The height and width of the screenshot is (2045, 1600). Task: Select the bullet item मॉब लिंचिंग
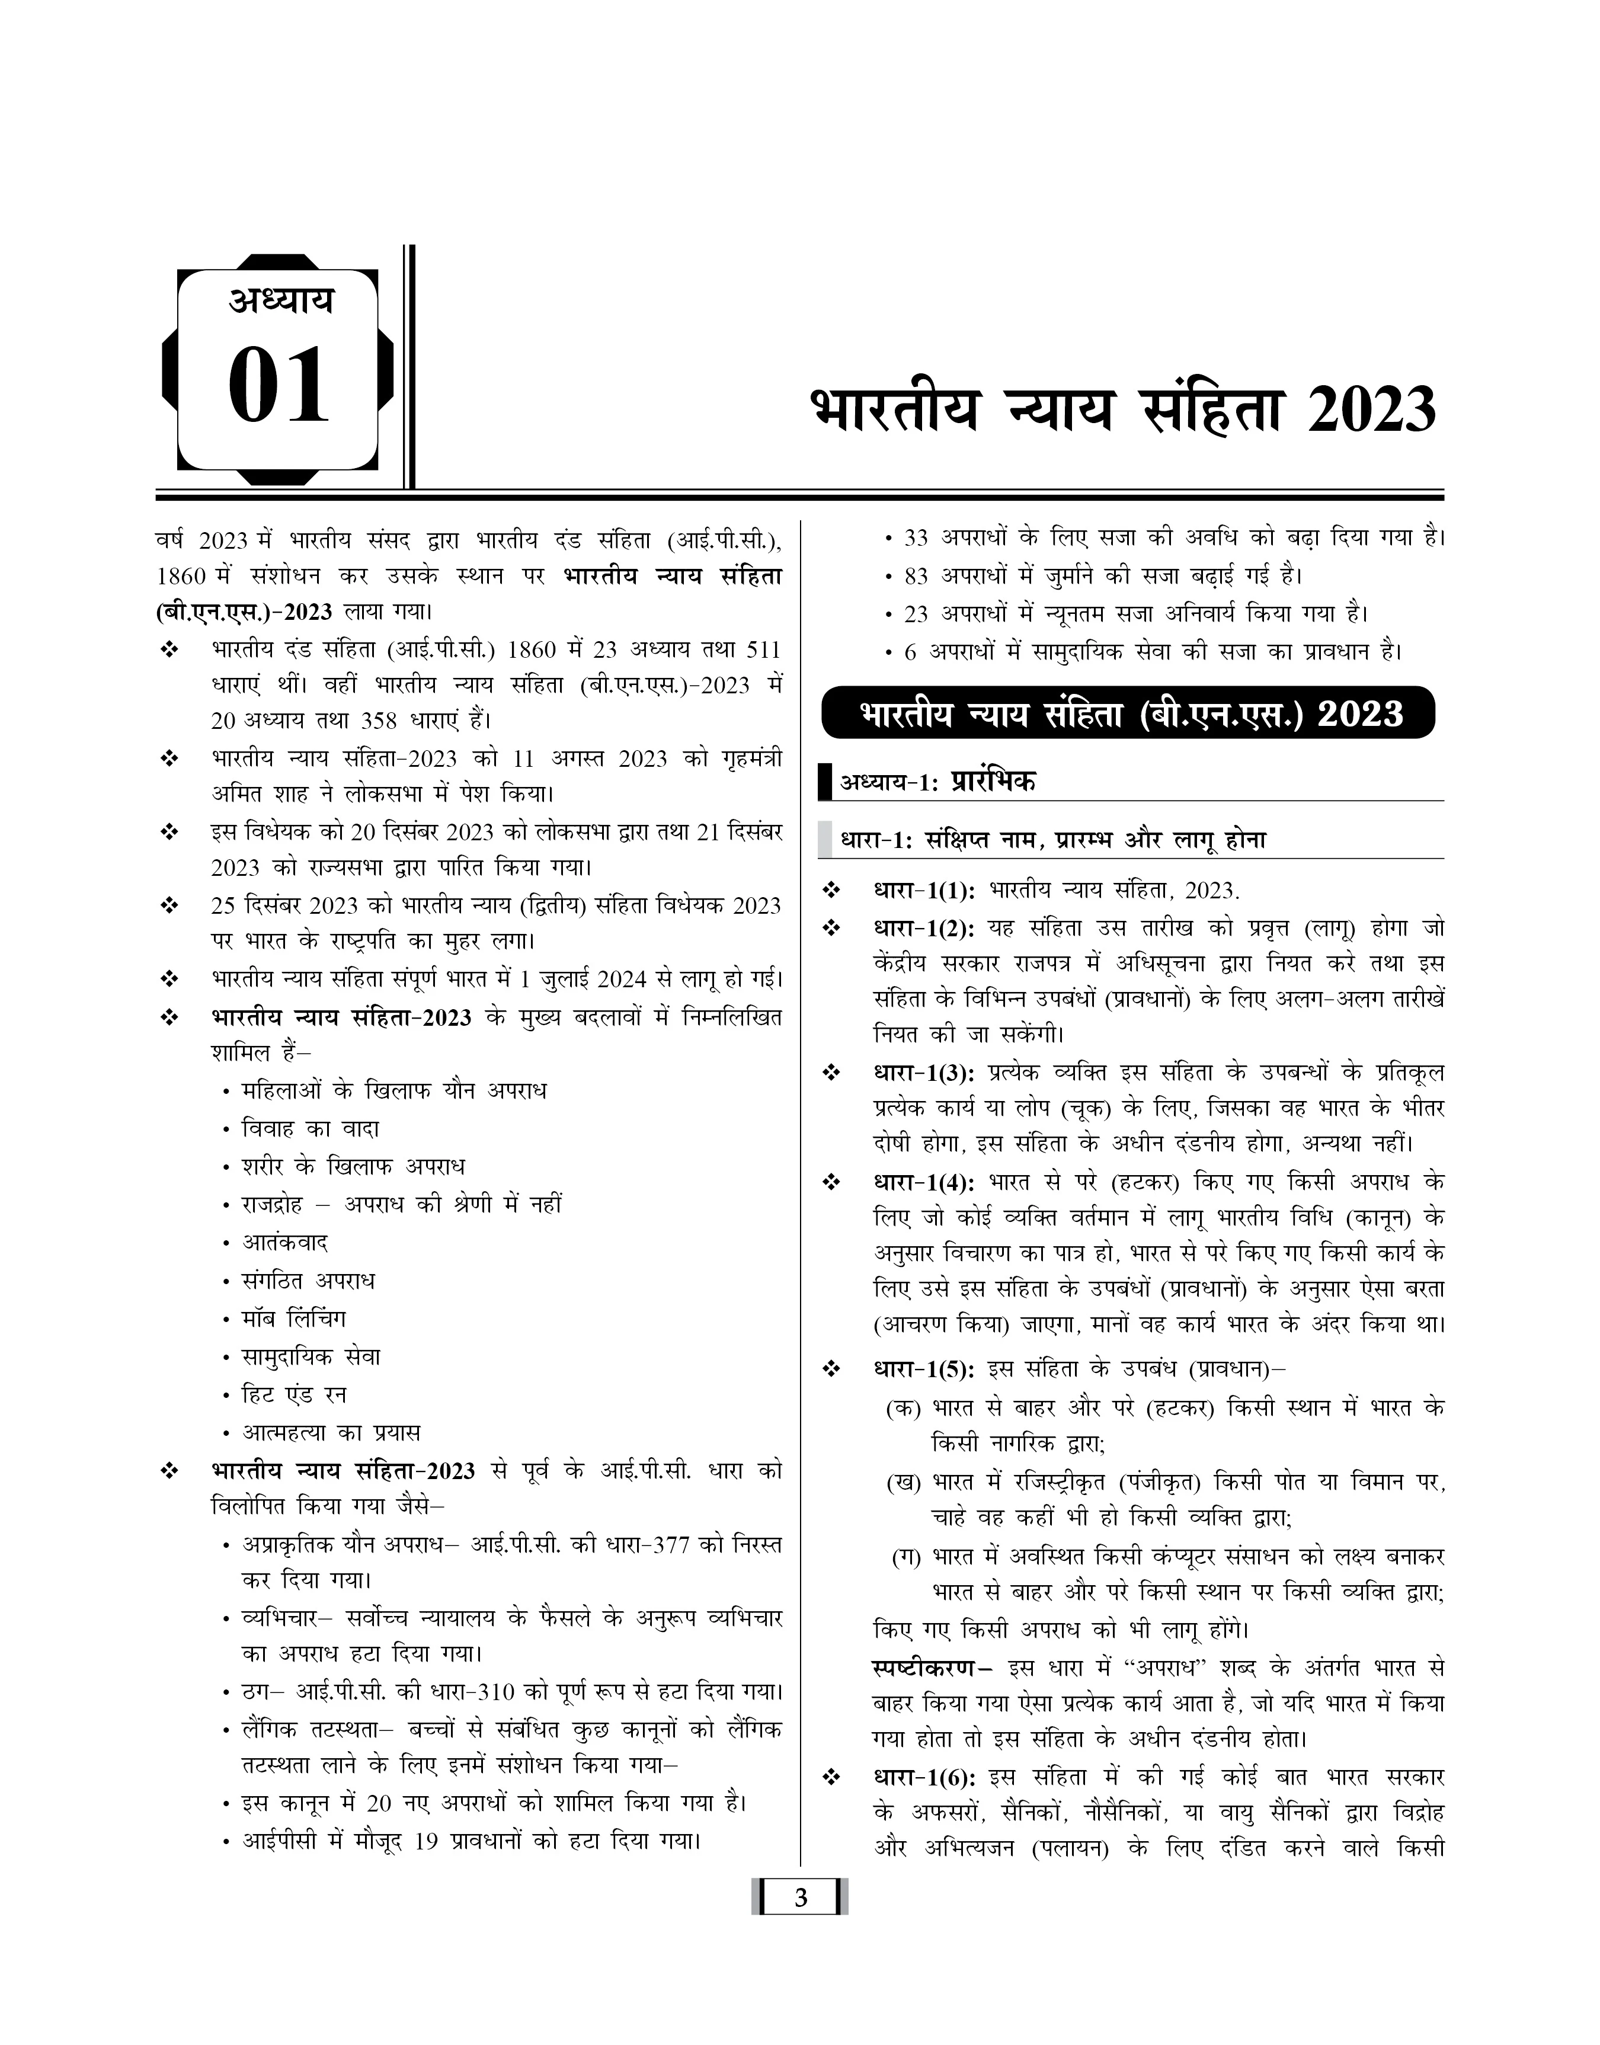pos(294,1319)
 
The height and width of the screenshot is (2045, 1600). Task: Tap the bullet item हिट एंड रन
pos(294,1395)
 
